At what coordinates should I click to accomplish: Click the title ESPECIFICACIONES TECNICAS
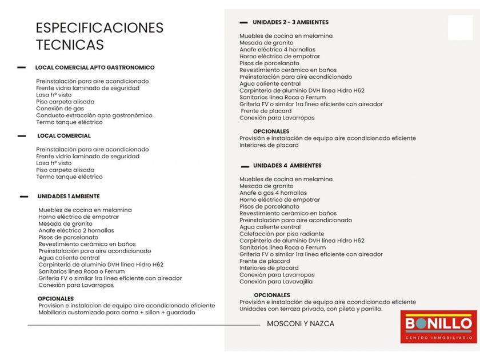coord(99,36)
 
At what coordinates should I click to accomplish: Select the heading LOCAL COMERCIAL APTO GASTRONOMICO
coord(95,67)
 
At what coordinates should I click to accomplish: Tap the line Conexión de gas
coord(60,109)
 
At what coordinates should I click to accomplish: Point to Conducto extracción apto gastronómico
coord(94,115)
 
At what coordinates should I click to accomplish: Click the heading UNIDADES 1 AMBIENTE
coord(69,197)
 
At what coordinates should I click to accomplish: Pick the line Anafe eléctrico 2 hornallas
coord(76,231)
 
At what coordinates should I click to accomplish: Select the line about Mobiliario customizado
coord(117,313)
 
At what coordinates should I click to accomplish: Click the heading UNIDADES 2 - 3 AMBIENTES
coord(291,22)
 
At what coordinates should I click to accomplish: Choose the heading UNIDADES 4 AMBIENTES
coord(287,166)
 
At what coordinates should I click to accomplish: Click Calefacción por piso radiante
coord(282,234)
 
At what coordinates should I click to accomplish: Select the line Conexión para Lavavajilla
coord(276,282)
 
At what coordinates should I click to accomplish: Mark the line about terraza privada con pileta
coord(311,309)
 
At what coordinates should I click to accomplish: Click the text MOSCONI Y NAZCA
coord(301,324)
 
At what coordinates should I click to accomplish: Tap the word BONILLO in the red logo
coord(438,324)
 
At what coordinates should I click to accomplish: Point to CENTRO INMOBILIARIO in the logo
coord(438,338)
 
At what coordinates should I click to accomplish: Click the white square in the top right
coord(460,28)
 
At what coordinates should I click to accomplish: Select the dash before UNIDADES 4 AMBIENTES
coord(245,166)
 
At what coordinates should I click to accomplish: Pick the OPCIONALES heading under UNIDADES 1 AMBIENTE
coord(55,299)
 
